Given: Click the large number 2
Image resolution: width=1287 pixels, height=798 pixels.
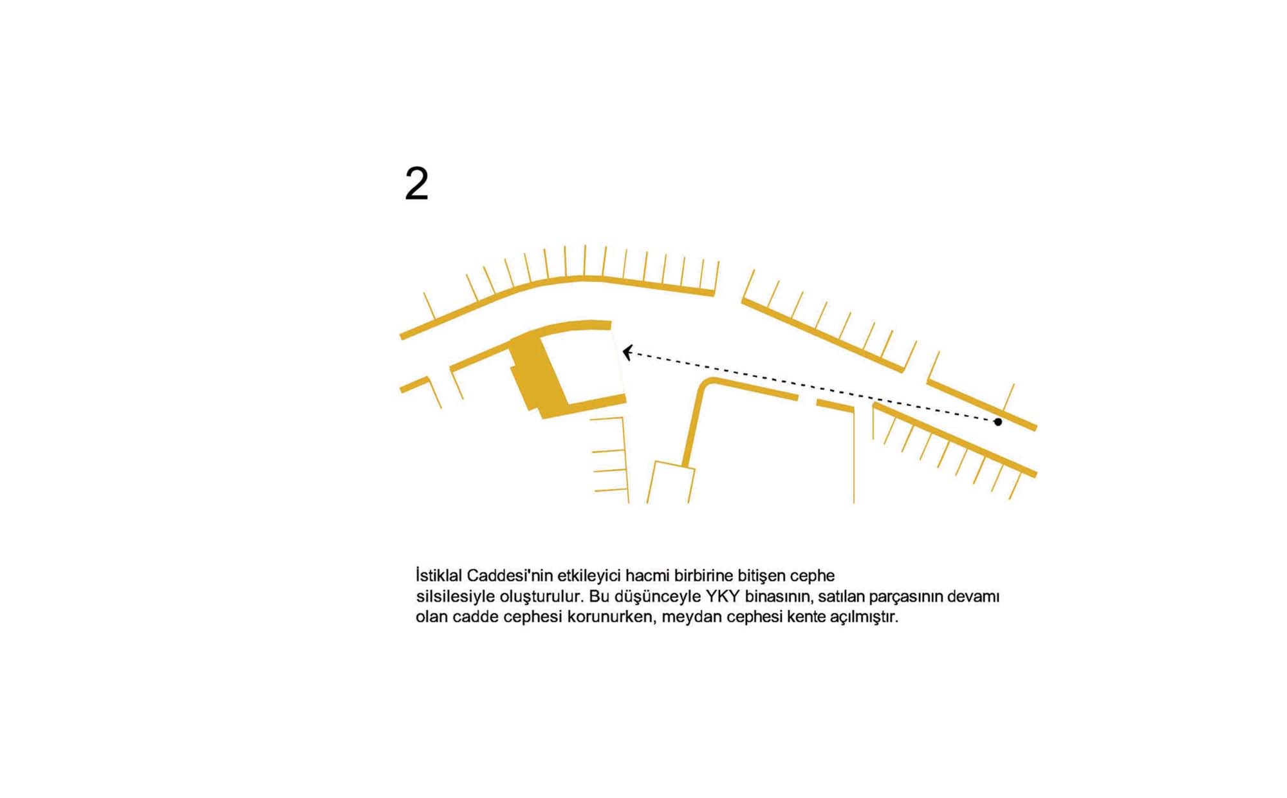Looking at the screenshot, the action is [416, 184].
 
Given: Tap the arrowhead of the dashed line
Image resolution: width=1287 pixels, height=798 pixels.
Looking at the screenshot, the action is [627, 353].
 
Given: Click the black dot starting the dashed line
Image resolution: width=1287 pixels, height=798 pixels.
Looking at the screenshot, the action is [997, 422].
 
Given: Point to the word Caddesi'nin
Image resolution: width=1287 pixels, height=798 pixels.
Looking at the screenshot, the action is [510, 575].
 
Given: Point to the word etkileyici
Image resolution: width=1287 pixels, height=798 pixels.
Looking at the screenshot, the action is [589, 575].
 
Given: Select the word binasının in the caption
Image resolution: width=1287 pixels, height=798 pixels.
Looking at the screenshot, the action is [776, 597].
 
